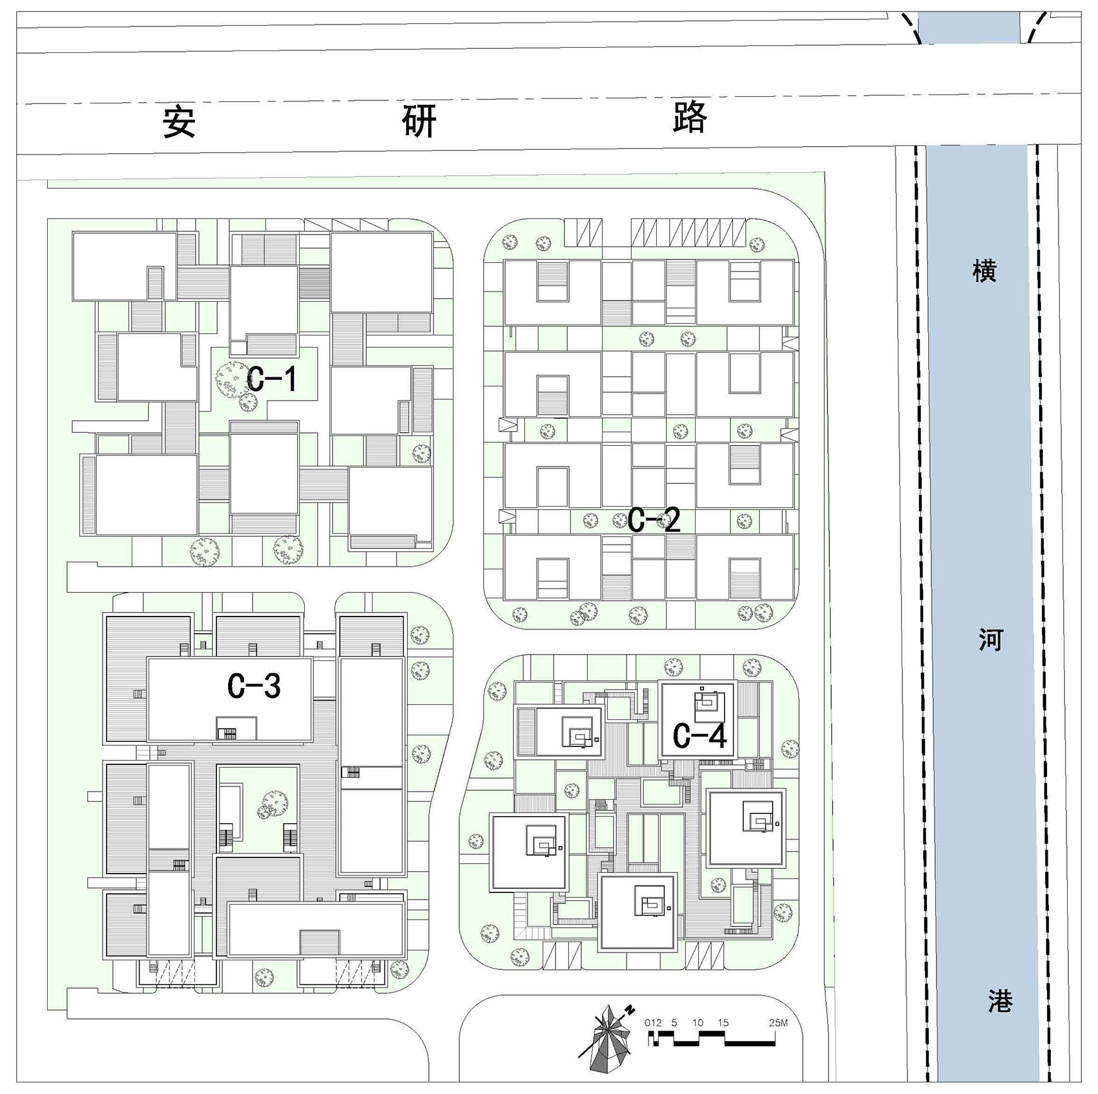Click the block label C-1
click(x=272, y=379)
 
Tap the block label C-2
click(x=654, y=520)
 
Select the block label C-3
click(x=254, y=686)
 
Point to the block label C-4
click(x=699, y=735)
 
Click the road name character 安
click(x=179, y=122)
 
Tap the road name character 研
click(x=419, y=120)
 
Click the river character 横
click(x=984, y=270)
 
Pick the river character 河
click(x=989, y=639)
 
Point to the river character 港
click(x=999, y=1000)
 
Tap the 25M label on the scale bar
click(x=778, y=1023)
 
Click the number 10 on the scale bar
click(x=698, y=1023)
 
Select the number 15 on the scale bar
click(x=723, y=1023)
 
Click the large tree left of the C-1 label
click(x=231, y=379)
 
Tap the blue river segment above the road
click(x=969, y=28)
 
